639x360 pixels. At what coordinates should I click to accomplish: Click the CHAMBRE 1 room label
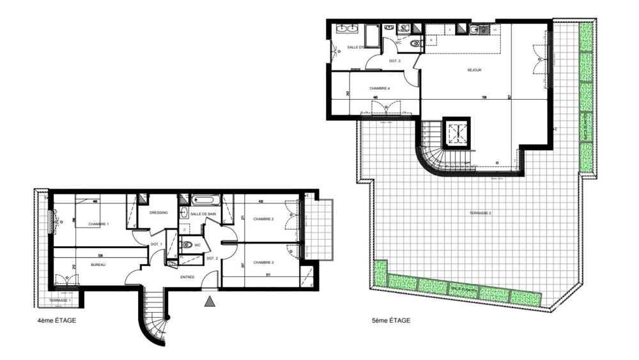[98, 224]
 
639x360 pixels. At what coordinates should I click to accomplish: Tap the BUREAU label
[98, 264]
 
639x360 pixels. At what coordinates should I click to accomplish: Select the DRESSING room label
[158, 213]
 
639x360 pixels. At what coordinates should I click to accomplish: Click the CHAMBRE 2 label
[263, 219]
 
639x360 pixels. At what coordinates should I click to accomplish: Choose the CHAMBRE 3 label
[263, 262]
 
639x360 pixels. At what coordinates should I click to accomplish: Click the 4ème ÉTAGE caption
[57, 320]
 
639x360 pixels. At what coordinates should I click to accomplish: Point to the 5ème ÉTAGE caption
[391, 320]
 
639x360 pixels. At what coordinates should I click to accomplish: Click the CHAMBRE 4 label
[380, 88]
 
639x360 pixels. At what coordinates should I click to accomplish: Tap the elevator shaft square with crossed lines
[458, 133]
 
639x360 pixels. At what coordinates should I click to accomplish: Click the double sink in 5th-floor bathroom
[346, 28]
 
